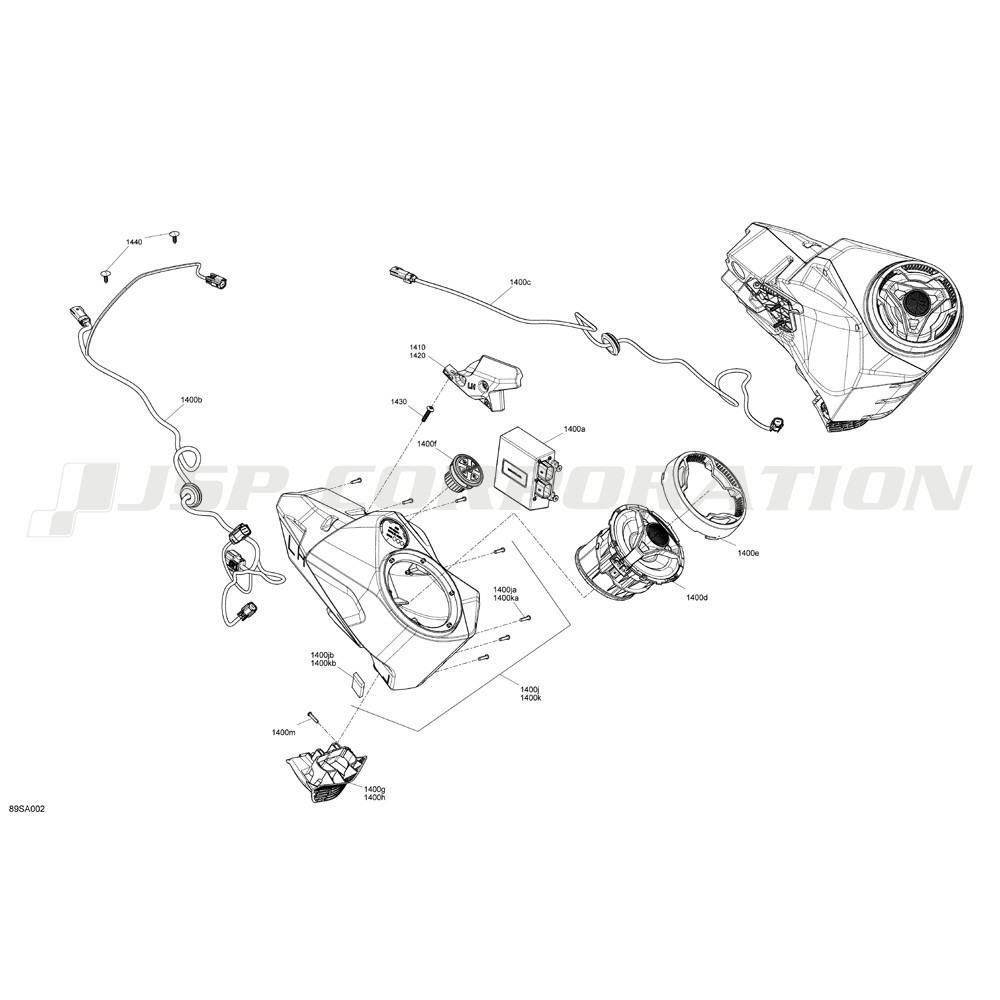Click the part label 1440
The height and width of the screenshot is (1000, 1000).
134,242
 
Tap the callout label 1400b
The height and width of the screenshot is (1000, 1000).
191,400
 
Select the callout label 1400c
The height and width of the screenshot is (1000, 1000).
520,282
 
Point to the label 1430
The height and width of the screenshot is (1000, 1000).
399,402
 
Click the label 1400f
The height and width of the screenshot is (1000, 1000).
427,443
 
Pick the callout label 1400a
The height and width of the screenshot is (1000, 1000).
574,429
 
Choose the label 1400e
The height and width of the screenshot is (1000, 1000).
748,553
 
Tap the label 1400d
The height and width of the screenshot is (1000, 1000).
697,598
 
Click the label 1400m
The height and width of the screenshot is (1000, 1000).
284,732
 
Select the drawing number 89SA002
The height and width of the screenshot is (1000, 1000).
27,809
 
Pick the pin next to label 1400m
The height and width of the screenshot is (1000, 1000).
313,716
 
